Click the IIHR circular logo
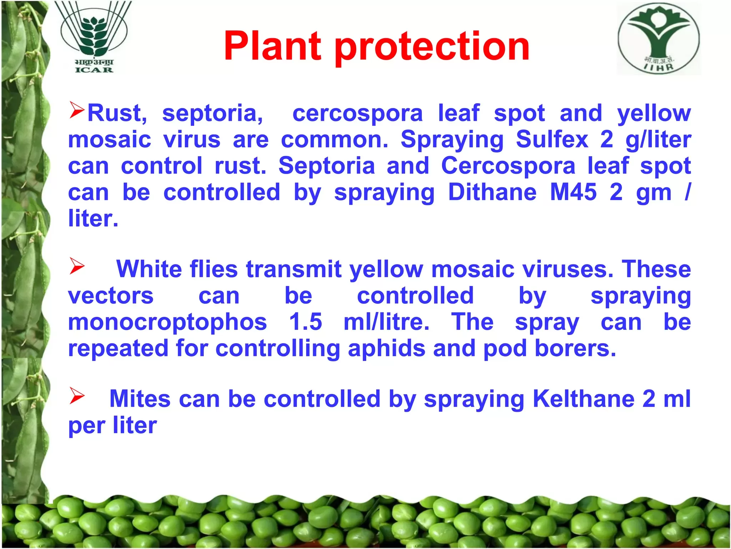[x=659, y=39]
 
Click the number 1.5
[x=306, y=321]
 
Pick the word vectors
[x=111, y=296]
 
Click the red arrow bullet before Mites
[x=77, y=396]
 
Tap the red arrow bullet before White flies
[x=77, y=266]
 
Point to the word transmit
[x=294, y=269]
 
